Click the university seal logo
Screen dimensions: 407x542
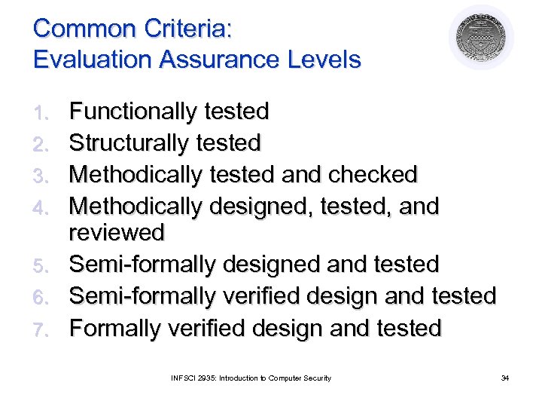tap(481, 38)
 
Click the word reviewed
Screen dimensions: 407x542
tap(116, 233)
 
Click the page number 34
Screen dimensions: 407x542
tap(504, 378)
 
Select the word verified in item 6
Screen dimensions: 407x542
tap(254, 296)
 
